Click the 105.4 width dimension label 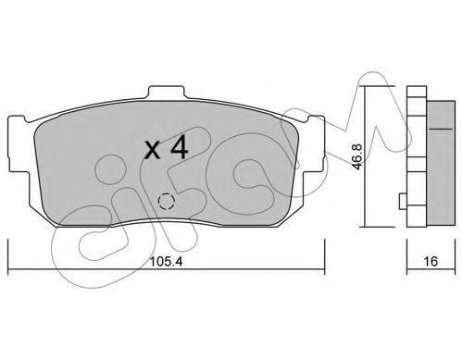[x=166, y=262]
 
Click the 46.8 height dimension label [x=357, y=156]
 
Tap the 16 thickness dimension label [x=431, y=262]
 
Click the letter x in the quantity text [x=153, y=151]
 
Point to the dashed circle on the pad [x=166, y=202]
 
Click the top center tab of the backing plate [x=167, y=93]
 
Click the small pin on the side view [x=403, y=201]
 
